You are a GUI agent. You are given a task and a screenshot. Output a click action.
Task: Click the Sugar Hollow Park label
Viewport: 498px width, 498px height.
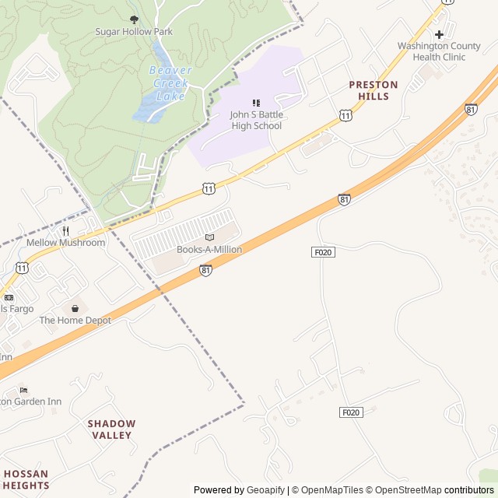tap(134, 32)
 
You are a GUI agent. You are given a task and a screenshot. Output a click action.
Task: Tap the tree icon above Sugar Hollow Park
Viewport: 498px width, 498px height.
tap(134, 19)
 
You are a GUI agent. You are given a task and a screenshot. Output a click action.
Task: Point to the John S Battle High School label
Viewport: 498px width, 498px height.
tap(256, 121)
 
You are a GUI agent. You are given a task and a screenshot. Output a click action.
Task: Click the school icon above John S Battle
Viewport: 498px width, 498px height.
tap(256, 103)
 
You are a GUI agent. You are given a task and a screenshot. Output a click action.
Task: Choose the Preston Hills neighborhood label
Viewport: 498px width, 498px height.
tap(373, 90)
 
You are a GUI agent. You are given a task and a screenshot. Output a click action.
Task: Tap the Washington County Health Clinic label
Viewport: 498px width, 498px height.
tap(440, 51)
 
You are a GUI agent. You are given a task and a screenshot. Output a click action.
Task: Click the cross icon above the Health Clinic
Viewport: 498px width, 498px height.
tap(440, 34)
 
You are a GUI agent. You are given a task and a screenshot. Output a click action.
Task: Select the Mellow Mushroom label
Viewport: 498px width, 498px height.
tap(65, 243)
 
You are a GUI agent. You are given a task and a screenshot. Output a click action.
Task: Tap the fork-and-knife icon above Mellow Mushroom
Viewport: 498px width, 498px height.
tap(65, 230)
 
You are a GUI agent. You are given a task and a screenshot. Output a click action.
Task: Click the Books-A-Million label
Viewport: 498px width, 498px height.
tap(209, 250)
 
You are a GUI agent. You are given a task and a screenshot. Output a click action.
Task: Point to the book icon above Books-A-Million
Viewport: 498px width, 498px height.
tap(209, 237)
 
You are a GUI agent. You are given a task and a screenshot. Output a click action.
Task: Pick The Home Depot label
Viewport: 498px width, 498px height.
tap(75, 321)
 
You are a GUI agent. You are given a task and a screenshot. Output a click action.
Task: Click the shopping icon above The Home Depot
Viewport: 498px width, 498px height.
tap(75, 308)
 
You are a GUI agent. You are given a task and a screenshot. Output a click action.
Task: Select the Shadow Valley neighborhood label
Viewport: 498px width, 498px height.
tap(111, 430)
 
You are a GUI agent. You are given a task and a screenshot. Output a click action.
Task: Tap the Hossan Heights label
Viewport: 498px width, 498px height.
tap(25, 479)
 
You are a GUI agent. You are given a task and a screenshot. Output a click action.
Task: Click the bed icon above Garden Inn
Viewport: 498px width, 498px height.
tap(23, 390)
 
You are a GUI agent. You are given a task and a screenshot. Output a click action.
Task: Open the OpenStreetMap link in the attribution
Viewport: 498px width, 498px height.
tap(404, 490)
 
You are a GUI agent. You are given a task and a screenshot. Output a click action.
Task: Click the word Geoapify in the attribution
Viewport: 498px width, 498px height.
tap(265, 490)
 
